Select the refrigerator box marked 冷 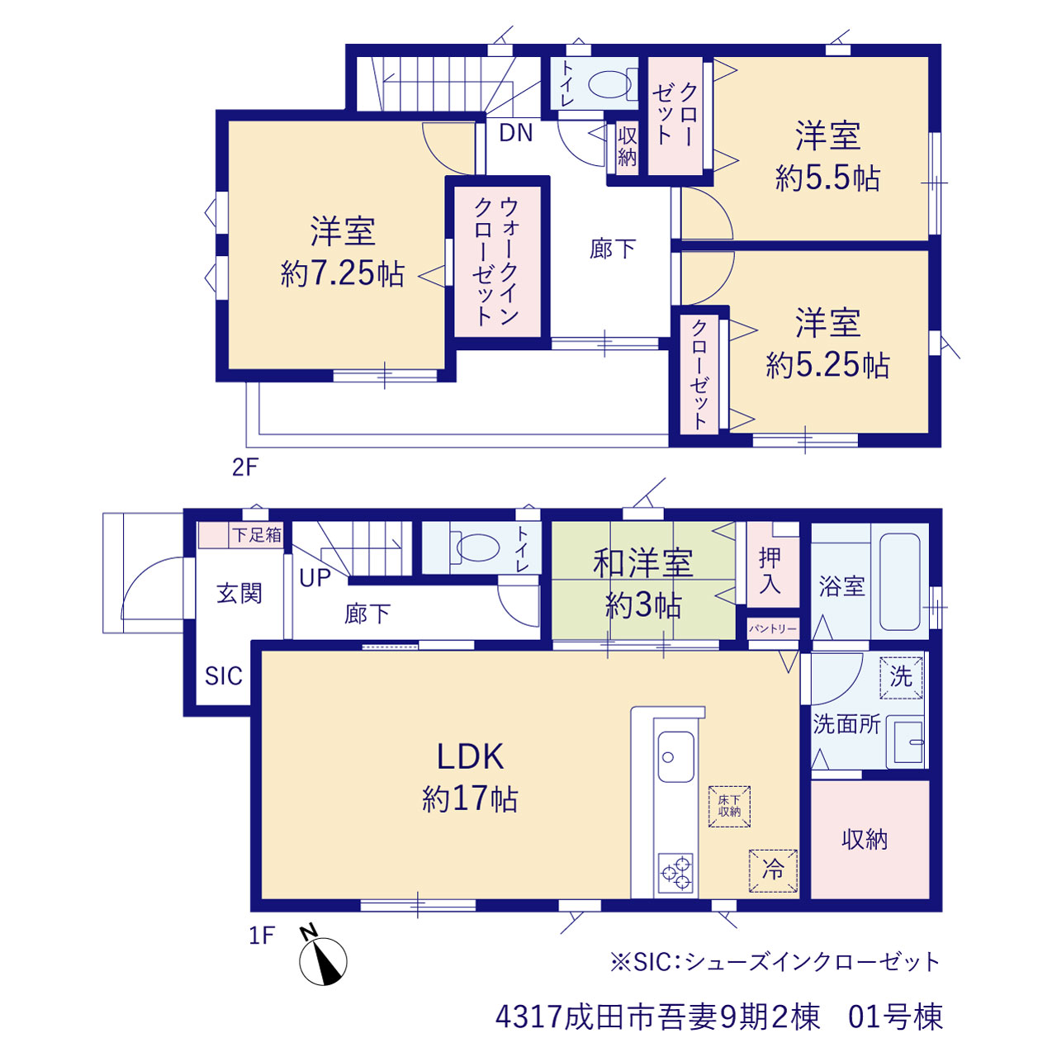[x=773, y=870]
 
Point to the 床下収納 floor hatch [x=729, y=806]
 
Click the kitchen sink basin [x=675, y=756]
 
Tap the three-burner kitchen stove [x=675, y=873]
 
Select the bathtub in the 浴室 [x=899, y=582]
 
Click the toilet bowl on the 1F [x=478, y=547]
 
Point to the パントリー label [x=773, y=628]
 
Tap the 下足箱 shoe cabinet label [x=257, y=535]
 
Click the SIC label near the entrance [x=223, y=676]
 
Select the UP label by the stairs [x=315, y=578]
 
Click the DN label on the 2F [x=515, y=133]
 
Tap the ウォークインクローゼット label [x=495, y=263]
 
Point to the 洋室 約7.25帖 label [x=342, y=252]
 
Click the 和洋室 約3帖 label [x=643, y=585]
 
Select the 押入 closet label [x=770, y=571]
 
